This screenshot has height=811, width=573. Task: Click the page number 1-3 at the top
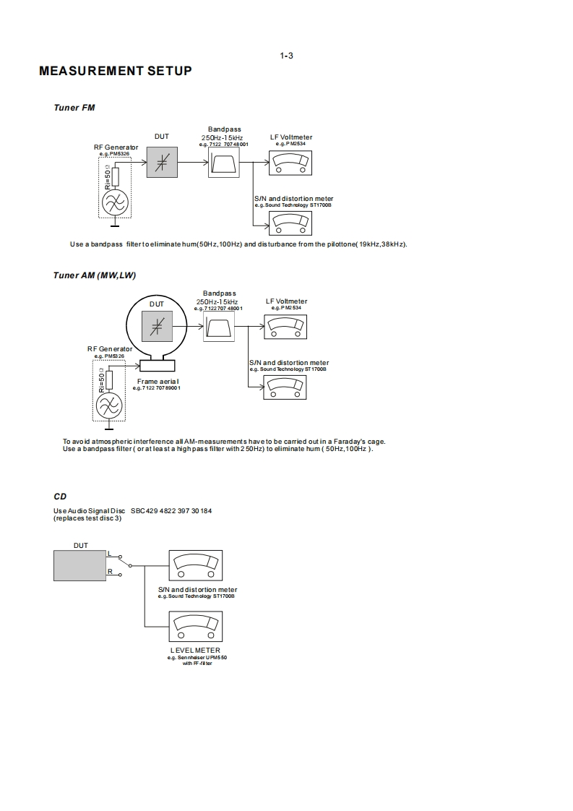(286, 56)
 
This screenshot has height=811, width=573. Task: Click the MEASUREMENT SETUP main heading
(116, 71)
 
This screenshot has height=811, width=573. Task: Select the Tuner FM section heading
(74, 108)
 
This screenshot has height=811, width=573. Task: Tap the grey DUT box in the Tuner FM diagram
(162, 162)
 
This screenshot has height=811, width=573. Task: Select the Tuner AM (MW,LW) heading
(95, 275)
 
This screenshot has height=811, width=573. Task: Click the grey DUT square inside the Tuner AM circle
(157, 326)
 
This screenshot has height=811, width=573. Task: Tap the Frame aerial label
(158, 381)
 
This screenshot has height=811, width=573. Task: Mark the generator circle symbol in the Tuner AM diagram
(109, 406)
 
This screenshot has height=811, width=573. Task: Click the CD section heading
(60, 497)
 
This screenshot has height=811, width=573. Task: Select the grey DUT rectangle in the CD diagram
(80, 565)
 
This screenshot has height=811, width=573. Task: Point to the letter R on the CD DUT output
(110, 572)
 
